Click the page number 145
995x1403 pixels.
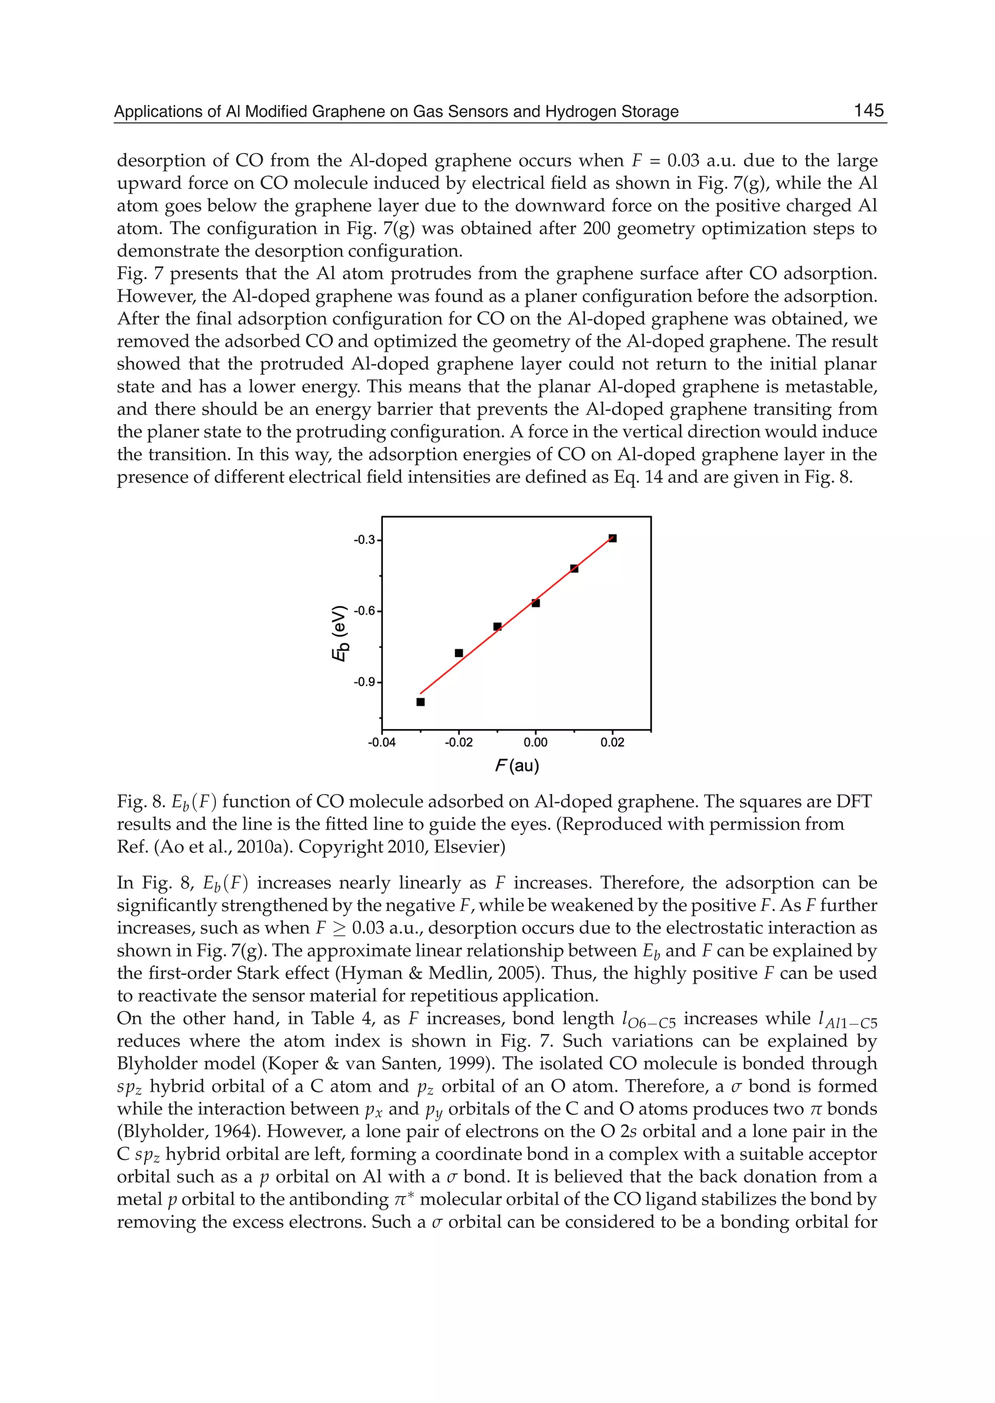868,110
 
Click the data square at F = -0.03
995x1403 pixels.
420,702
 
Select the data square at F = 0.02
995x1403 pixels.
613,538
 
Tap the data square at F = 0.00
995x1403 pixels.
535,603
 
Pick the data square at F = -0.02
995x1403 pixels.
459,653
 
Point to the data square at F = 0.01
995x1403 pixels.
574,568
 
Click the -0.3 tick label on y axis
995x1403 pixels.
365,540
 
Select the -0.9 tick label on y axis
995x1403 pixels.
365,682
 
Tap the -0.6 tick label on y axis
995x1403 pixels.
365,611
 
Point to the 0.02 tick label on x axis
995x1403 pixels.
613,743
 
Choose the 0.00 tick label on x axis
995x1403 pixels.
535,743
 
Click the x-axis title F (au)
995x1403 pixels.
516,765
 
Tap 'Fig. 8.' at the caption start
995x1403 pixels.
139,802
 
